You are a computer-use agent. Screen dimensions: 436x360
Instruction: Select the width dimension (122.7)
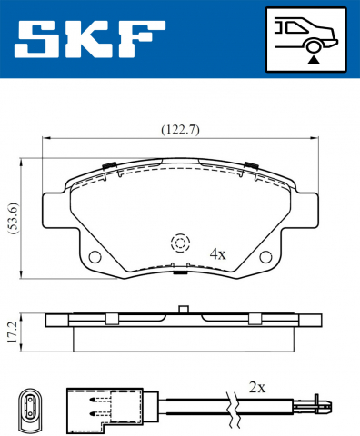point(180,129)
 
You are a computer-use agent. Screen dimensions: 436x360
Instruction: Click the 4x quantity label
point(216,253)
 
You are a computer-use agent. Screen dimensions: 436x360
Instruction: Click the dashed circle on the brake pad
point(179,243)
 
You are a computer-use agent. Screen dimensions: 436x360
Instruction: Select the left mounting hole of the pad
point(95,258)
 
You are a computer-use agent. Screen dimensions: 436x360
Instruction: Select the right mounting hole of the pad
point(265,258)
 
